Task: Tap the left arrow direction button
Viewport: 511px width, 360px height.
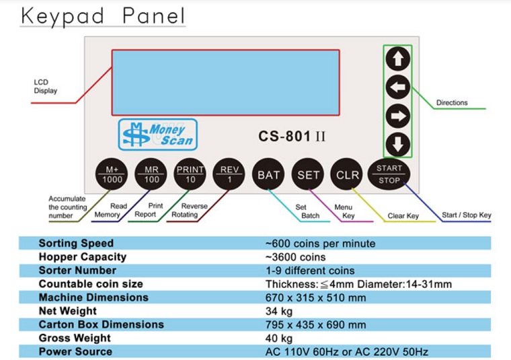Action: point(397,87)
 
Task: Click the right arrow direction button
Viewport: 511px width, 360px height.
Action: point(397,116)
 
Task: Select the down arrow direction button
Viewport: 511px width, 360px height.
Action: point(397,144)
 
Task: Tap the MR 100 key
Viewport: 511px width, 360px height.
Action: point(151,174)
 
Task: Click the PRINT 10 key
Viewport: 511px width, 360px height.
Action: point(190,174)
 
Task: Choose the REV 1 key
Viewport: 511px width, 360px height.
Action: point(229,174)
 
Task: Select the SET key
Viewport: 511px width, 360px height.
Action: point(308,174)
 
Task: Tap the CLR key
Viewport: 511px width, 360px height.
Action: point(347,174)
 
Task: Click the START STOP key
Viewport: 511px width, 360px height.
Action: point(389,174)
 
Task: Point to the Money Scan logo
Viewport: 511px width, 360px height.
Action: point(158,135)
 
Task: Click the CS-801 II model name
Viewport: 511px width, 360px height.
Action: point(292,137)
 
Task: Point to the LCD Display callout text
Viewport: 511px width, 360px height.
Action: point(45,86)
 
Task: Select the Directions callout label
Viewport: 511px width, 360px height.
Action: point(452,103)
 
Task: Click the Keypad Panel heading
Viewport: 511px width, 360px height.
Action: point(103,15)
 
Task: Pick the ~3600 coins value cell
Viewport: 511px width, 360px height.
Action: point(296,257)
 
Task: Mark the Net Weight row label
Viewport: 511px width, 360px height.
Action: point(68,311)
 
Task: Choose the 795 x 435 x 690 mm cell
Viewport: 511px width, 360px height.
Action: point(316,325)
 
